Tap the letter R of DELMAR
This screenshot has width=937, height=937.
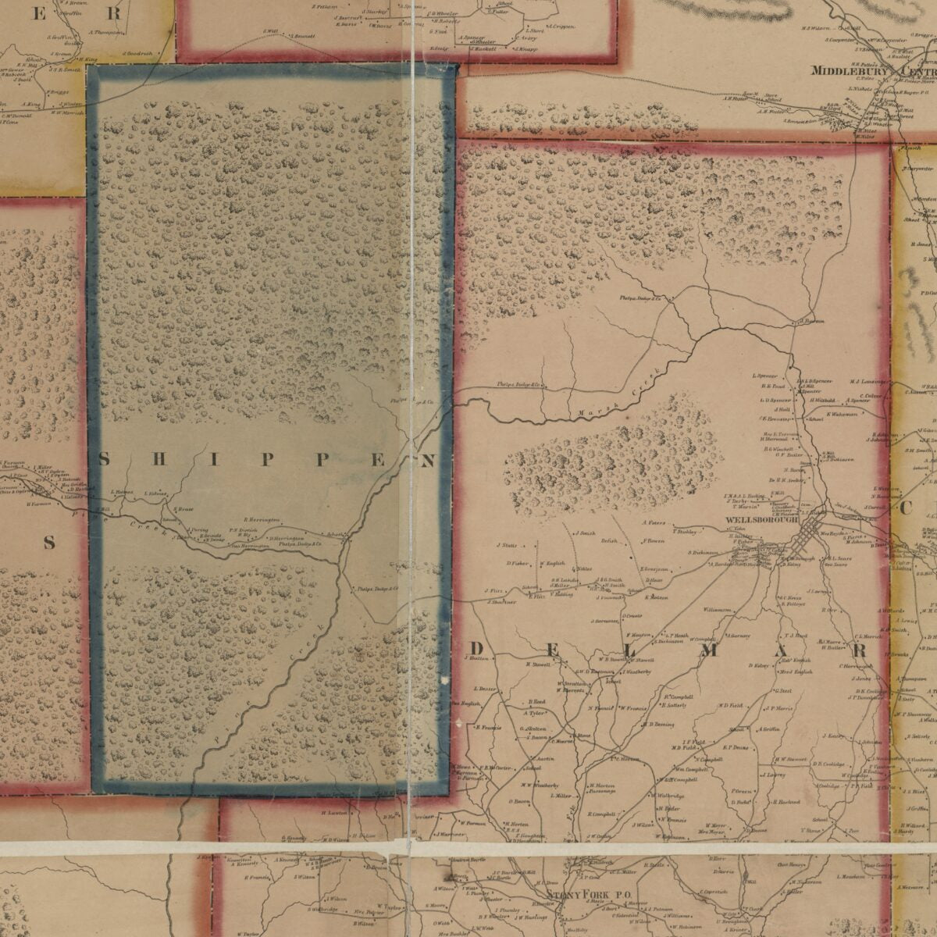[860, 650]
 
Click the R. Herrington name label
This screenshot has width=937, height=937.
[262, 520]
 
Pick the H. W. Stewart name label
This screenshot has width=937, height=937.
[790, 759]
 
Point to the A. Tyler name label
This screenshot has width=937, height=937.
[536, 714]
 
